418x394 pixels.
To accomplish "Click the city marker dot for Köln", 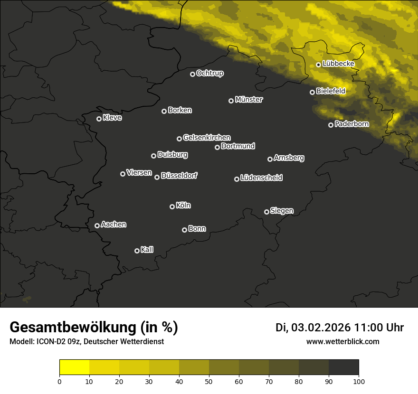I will (172, 206).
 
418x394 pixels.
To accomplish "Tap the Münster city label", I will (248, 100).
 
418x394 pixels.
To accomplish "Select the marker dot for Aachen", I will (97, 225).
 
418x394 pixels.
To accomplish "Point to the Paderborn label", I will (351, 124).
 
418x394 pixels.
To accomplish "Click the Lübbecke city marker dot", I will (318, 65).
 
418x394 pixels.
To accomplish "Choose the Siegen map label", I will (282, 211).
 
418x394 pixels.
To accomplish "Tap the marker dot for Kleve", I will (99, 119).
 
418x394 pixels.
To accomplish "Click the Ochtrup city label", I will (209, 73).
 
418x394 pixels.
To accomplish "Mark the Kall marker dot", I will (137, 251).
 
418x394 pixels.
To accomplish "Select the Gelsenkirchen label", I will (207, 138).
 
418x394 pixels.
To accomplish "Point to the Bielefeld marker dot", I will (312, 92).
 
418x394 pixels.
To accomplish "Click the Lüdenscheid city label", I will (261, 178).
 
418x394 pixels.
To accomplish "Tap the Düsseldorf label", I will (179, 176).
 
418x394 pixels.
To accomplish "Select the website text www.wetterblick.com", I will (342, 342).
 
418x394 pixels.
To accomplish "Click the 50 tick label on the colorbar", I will (209, 381).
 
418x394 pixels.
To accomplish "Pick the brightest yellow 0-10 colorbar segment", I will (74, 367).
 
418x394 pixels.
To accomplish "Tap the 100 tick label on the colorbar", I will (359, 381).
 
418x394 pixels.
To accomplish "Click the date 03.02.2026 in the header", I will (321, 328).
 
